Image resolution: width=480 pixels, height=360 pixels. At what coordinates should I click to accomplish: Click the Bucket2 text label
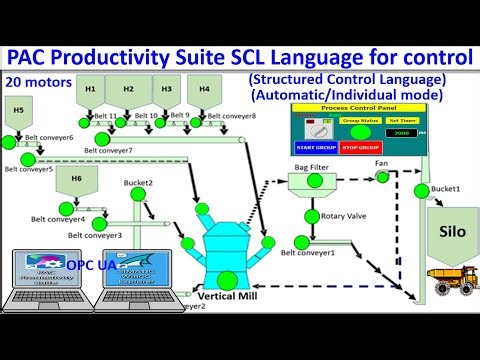(x=137, y=183)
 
